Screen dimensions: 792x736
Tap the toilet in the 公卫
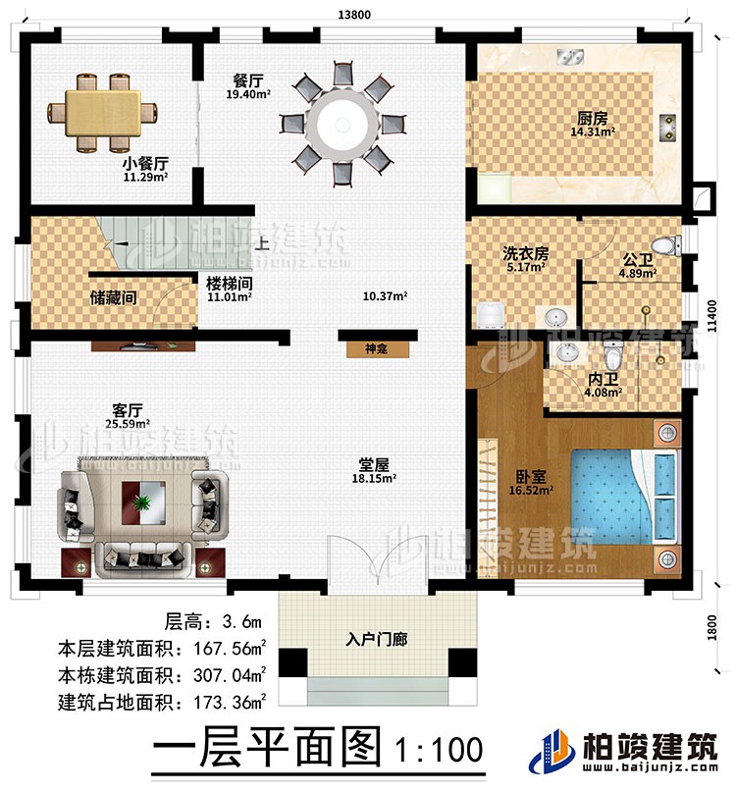coord(667,244)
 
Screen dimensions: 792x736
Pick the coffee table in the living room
coord(144,502)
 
